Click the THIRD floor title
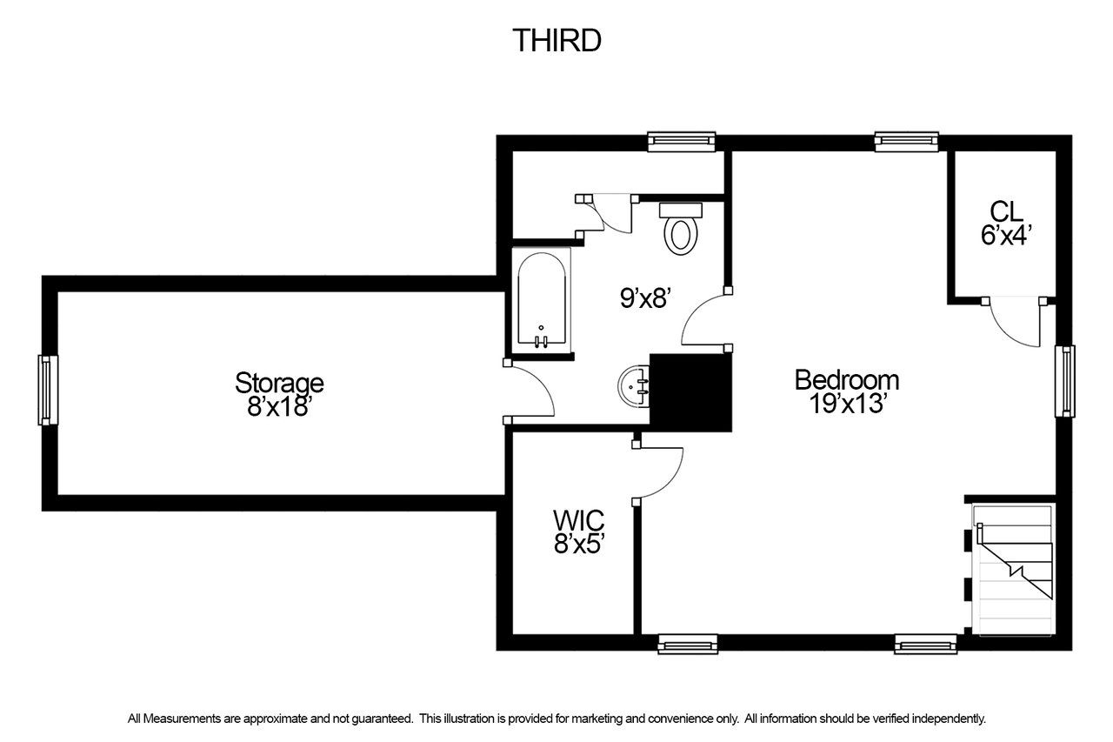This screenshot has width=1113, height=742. click(557, 40)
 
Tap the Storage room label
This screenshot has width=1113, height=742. click(279, 383)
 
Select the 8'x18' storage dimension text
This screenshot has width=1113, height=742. click(279, 406)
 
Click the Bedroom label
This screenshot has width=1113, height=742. click(847, 380)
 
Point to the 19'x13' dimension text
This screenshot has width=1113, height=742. click(848, 404)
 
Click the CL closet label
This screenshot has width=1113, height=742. click(1007, 211)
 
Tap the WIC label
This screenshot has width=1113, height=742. click(579, 520)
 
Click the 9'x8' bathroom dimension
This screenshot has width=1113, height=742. click(646, 298)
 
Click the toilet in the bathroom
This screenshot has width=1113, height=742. click(681, 229)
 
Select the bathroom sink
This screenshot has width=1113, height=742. click(634, 387)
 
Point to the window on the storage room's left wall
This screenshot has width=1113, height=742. click(48, 390)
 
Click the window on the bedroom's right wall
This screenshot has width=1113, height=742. click(1065, 381)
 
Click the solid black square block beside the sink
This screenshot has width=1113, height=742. click(690, 392)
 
